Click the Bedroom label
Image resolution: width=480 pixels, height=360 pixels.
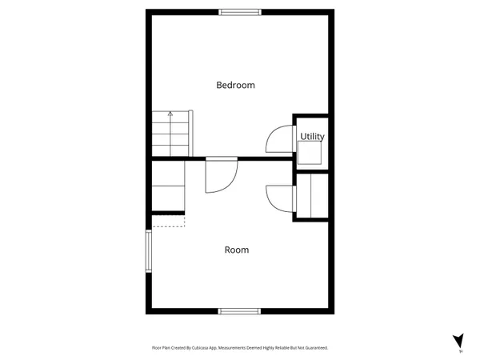coord(235,85)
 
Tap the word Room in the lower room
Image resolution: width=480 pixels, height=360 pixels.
coord(236,250)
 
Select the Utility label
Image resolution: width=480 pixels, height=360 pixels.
coord(312,137)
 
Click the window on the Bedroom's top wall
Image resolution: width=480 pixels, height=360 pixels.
coord(240,11)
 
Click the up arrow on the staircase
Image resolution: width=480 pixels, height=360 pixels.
coord(170,116)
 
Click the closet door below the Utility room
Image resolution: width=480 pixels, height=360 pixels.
coord(279,196)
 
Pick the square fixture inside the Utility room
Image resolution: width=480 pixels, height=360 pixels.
coord(310,153)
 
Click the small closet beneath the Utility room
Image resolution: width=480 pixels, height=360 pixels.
coord(311,195)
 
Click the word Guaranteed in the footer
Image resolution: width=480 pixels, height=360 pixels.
coord(313,348)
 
